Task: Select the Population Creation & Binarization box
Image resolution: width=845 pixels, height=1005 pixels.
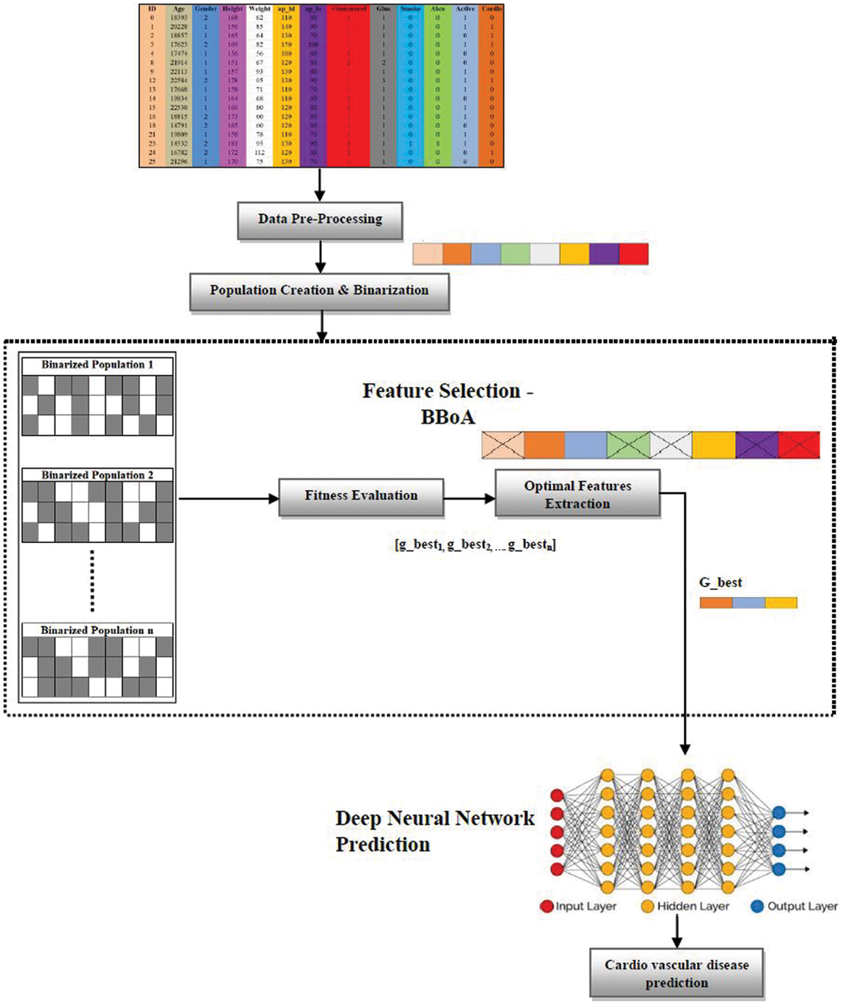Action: click(x=319, y=291)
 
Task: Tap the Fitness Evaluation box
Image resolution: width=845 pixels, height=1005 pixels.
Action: click(x=361, y=496)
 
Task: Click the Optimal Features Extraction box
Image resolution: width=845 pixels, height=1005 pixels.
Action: click(x=577, y=494)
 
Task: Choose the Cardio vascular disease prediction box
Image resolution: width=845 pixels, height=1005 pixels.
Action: click(x=677, y=974)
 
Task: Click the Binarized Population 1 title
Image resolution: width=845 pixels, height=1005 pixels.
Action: click(x=97, y=364)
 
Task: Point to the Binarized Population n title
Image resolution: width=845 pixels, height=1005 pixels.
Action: click(x=97, y=630)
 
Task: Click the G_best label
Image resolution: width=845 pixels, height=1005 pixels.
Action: click(x=720, y=582)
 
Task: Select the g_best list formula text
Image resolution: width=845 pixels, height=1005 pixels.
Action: click(x=475, y=545)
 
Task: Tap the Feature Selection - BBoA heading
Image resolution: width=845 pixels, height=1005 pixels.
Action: click(x=448, y=403)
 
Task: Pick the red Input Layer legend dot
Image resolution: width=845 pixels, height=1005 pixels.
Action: click(x=547, y=906)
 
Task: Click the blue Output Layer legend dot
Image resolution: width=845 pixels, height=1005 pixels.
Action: click(x=757, y=906)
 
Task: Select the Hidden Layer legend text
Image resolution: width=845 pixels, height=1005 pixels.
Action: click(x=693, y=906)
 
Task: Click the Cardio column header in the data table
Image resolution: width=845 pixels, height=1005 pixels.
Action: click(x=491, y=9)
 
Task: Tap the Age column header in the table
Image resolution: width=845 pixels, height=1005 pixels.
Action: click(x=179, y=9)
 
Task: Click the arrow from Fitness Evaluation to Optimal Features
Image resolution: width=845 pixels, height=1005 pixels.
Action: click(x=469, y=498)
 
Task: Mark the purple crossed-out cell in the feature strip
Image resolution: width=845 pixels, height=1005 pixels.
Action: click(x=757, y=445)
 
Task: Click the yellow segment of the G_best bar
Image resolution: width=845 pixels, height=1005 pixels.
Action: click(x=781, y=603)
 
